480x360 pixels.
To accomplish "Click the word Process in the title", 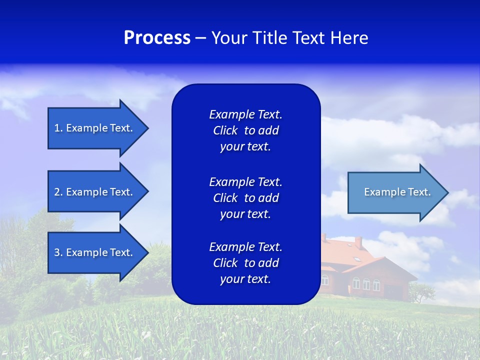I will click(x=157, y=38).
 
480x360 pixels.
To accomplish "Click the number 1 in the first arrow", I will click(x=57, y=128).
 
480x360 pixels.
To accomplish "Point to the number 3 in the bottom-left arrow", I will click(x=57, y=252).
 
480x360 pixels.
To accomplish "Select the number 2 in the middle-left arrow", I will click(x=57, y=192).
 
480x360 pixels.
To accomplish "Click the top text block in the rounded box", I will click(x=245, y=130).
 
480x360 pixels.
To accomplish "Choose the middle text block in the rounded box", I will click(x=245, y=198).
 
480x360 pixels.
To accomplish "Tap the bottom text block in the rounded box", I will click(x=245, y=263).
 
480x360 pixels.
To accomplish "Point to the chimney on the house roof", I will click(x=358, y=242).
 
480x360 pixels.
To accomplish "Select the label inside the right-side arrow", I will click(x=397, y=192).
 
